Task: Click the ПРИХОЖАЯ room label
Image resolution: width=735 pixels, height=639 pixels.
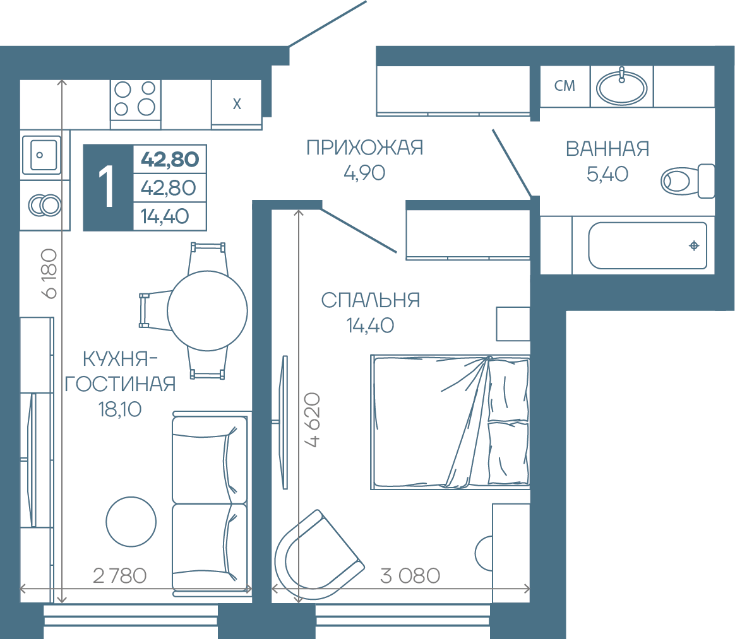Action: (x=365, y=148)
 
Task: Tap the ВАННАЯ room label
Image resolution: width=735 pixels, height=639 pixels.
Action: (x=607, y=149)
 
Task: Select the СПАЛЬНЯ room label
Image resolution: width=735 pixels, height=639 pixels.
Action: (x=370, y=300)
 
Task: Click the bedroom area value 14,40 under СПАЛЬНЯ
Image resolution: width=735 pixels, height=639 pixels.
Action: (x=370, y=325)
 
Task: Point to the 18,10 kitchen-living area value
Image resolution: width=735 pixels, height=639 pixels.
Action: (x=120, y=409)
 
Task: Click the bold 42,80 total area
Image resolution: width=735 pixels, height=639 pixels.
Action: (x=170, y=159)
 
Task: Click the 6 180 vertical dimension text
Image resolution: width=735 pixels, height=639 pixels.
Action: (x=49, y=274)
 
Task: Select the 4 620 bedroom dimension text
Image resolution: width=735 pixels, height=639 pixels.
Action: (x=312, y=420)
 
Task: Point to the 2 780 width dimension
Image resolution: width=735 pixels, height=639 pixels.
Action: (x=120, y=576)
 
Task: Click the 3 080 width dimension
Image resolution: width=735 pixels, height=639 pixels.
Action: (x=410, y=576)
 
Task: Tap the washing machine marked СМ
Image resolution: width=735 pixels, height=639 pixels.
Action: (x=565, y=86)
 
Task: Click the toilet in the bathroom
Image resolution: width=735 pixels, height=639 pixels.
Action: (x=688, y=180)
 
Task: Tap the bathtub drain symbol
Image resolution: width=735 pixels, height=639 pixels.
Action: (x=694, y=245)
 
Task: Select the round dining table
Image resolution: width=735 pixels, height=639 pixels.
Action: (x=207, y=310)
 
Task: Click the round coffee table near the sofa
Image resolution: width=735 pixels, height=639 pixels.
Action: (x=131, y=522)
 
